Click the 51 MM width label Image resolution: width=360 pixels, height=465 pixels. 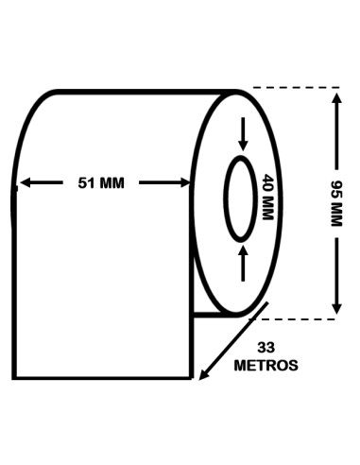tap(101, 183)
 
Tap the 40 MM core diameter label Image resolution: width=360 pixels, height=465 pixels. tap(267, 197)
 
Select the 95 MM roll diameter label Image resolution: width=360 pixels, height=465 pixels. tap(336, 203)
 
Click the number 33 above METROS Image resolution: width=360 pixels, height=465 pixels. tap(266, 348)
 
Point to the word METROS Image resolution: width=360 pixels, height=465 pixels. tap(266, 366)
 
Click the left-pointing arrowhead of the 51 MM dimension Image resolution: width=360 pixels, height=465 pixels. tap(26, 182)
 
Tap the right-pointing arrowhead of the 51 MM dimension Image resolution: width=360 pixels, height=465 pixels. tap(184, 182)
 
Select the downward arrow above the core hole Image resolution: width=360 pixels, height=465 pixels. tap(243, 134)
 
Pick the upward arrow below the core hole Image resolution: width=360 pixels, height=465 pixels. tap(243, 263)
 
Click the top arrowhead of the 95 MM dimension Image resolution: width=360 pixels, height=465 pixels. tap(337, 98)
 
